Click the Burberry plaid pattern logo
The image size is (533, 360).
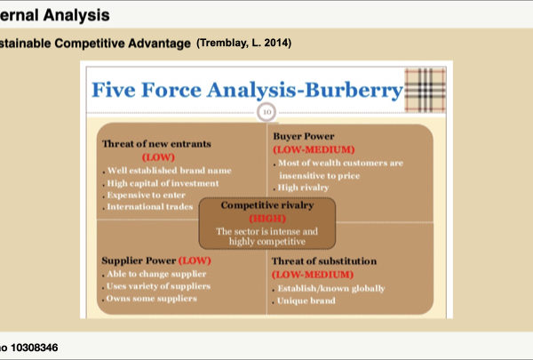425,90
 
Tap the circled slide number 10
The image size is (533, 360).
266,112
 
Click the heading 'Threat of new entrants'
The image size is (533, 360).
156,144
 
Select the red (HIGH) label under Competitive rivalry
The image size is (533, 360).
267,219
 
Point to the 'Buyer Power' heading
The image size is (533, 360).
304,137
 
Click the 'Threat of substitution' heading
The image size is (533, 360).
324,261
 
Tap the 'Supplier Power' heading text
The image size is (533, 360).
139,260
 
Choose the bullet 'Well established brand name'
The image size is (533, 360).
170,171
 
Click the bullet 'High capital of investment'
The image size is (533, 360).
163,183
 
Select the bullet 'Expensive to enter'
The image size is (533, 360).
147,195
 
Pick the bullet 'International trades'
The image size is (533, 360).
150,206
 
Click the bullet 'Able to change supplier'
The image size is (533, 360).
156,274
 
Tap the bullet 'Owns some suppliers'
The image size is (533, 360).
152,299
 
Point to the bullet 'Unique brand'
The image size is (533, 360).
306,300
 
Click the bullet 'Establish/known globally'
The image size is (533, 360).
331,289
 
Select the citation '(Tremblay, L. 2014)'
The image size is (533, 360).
243,44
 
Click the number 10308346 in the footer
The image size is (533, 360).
35,348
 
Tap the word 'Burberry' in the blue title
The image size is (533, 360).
354,90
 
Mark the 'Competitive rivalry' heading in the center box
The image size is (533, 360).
267,205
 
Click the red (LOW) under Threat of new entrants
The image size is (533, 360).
158,157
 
